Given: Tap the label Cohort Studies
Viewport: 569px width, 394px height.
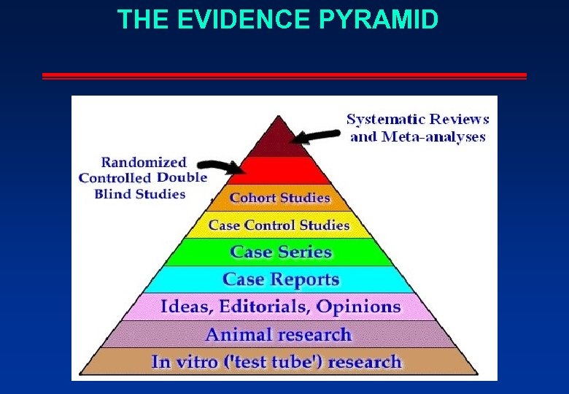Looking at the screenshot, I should [280, 198].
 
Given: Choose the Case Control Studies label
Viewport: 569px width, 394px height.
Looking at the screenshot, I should [279, 225].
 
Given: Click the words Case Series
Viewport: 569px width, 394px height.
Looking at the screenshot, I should [281, 252].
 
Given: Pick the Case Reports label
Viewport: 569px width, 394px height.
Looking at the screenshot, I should [281, 279].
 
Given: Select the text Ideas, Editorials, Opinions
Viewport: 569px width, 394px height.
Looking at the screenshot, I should [280, 306].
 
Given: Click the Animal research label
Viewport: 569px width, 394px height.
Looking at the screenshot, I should [278, 335].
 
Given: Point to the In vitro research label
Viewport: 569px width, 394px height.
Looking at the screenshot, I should [276, 362].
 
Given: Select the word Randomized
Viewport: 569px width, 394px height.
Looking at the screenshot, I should [144, 162].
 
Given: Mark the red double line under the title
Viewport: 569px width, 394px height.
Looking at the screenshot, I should [284, 76].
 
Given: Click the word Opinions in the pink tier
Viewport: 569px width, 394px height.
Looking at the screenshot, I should [360, 306].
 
